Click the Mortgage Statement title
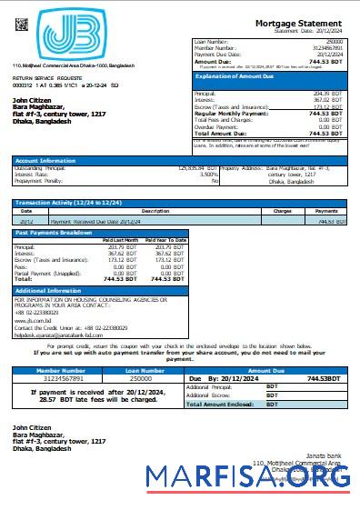coord(299,23)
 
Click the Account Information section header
coord(45,160)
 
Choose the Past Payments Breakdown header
coord(55,233)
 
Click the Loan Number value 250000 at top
coord(334,42)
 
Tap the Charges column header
coord(282,212)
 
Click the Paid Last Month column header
coord(120,239)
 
